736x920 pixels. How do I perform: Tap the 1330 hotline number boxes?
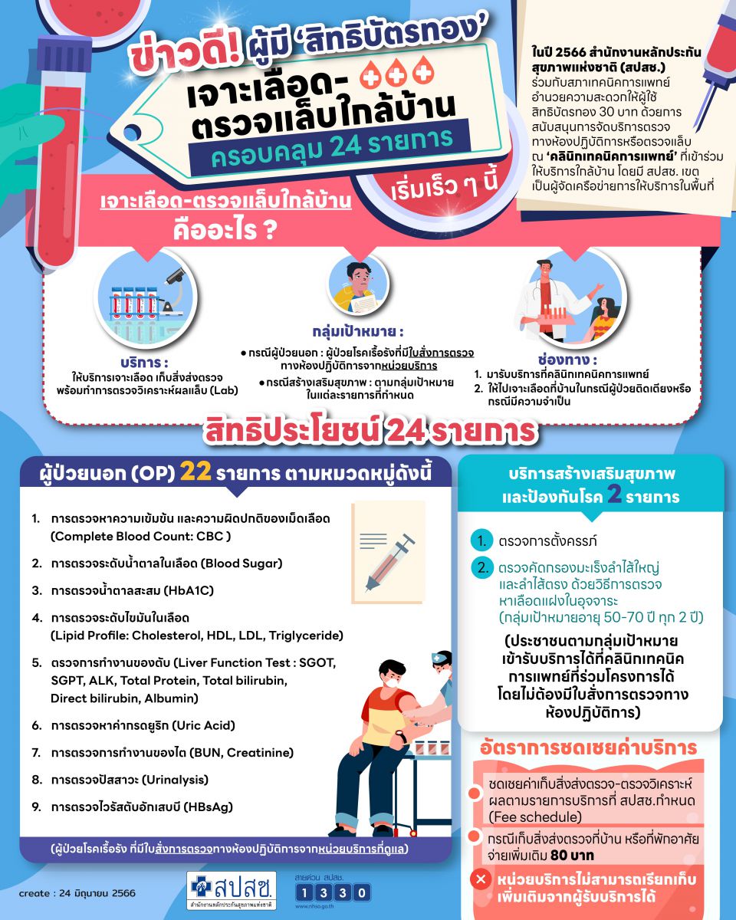[x=332, y=892]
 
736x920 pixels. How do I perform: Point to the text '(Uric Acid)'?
[x=203, y=725]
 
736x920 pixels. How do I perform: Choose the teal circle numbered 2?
[x=481, y=568]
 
